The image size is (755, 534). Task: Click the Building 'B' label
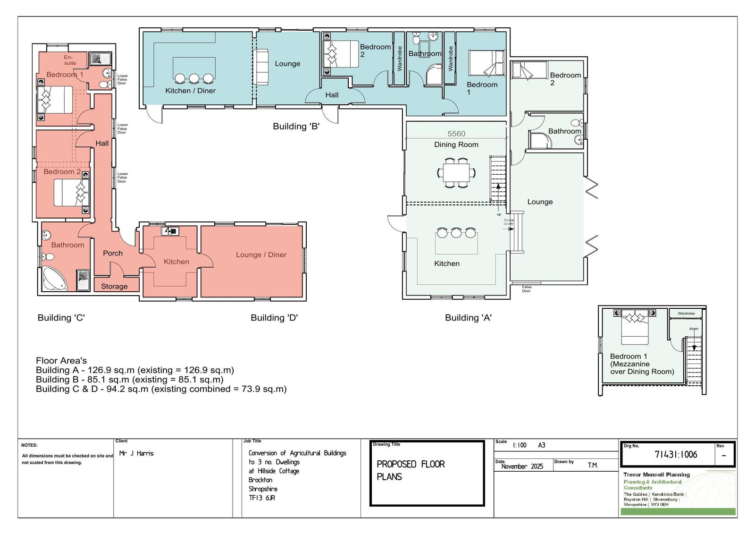click(296, 126)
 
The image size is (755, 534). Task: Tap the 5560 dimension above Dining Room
click(456, 134)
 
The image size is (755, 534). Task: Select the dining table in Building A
click(456, 173)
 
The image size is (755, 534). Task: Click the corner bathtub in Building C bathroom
click(54, 279)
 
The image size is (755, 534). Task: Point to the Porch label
click(113, 253)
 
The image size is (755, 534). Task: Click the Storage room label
click(114, 287)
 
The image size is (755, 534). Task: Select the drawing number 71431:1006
click(676, 454)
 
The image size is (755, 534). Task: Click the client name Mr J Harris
click(136, 453)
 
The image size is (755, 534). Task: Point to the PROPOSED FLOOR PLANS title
click(411, 471)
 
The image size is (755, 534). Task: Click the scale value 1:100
click(520, 445)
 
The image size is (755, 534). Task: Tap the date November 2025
click(522, 466)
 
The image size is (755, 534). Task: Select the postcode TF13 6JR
click(262, 498)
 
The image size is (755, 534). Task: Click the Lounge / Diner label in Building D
click(261, 254)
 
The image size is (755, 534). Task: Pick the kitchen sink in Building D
click(170, 231)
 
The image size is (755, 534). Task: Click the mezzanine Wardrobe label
click(686, 314)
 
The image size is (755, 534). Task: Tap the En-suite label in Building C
click(70, 60)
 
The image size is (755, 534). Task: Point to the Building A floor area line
click(135, 370)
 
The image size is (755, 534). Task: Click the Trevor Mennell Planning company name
click(656, 475)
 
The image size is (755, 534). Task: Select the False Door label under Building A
click(527, 289)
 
